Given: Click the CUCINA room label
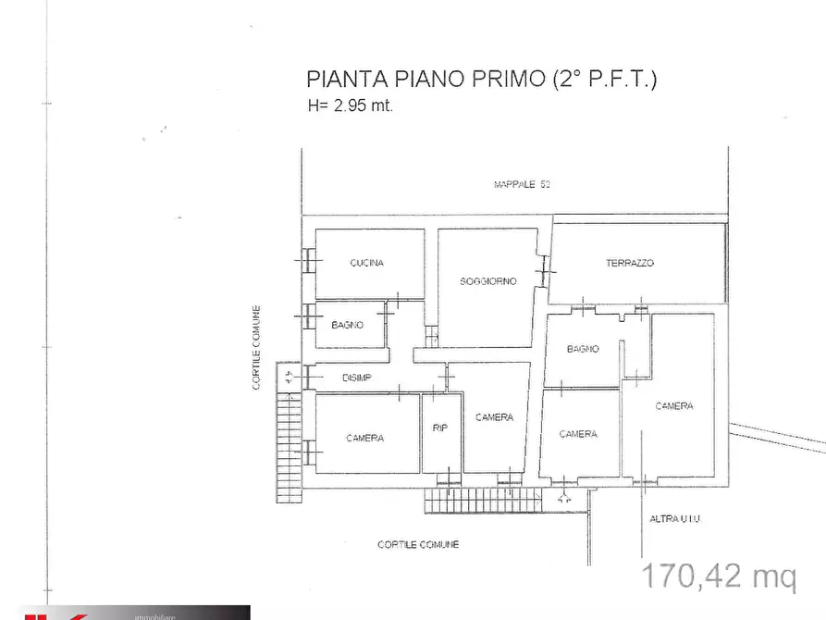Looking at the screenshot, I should tap(366, 263).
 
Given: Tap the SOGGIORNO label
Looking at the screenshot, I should tap(487, 280).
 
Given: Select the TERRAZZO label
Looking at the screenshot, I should tap(630, 263).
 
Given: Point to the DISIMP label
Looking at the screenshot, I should tap(356, 377).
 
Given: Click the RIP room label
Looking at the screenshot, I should tap(440, 428).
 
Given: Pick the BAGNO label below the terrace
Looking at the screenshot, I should tap(583, 349).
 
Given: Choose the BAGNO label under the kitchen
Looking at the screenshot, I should tap(347, 325).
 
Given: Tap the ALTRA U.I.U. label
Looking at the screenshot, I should tap(674, 518).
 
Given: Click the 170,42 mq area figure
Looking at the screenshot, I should tap(719, 577).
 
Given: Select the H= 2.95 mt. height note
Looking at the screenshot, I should tap(351, 105).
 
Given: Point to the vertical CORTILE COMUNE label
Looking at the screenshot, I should tap(258, 347).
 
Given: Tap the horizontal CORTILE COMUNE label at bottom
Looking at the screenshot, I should tap(418, 544).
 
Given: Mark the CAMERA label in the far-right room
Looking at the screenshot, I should tap(673, 406).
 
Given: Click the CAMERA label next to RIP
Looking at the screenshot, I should tap(494, 417).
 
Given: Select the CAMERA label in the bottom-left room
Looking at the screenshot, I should tap(364, 438).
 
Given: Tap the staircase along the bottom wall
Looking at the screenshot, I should tap(481, 501).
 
